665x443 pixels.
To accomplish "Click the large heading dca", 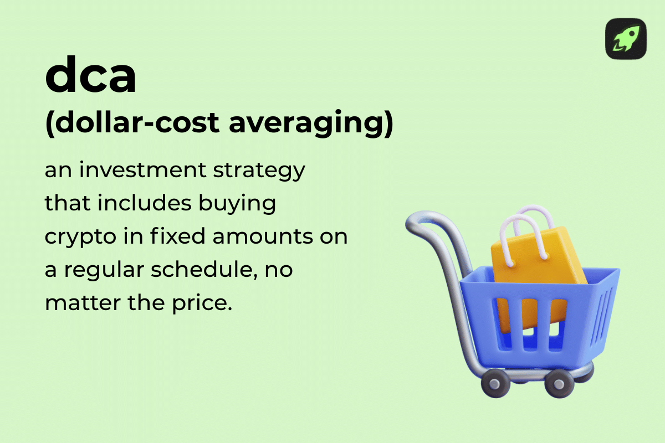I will [x=90, y=78].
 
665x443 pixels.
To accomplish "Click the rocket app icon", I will [x=626, y=39].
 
